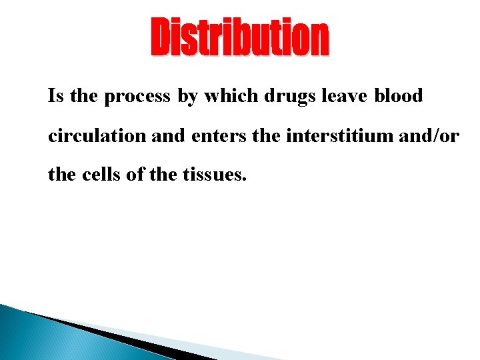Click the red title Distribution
239,39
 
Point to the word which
232,96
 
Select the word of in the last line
129,176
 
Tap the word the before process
83,96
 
